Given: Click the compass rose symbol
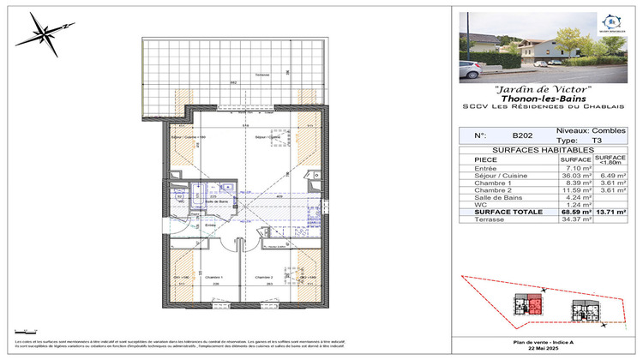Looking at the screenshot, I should tap(41, 34).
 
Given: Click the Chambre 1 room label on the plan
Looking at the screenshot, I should tap(213, 277).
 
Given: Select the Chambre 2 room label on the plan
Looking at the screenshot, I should tap(264, 277).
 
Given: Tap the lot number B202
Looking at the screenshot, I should tap(522, 135).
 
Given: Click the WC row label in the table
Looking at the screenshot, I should tap(467, 205).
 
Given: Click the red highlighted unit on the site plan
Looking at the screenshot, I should tap(535, 303).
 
